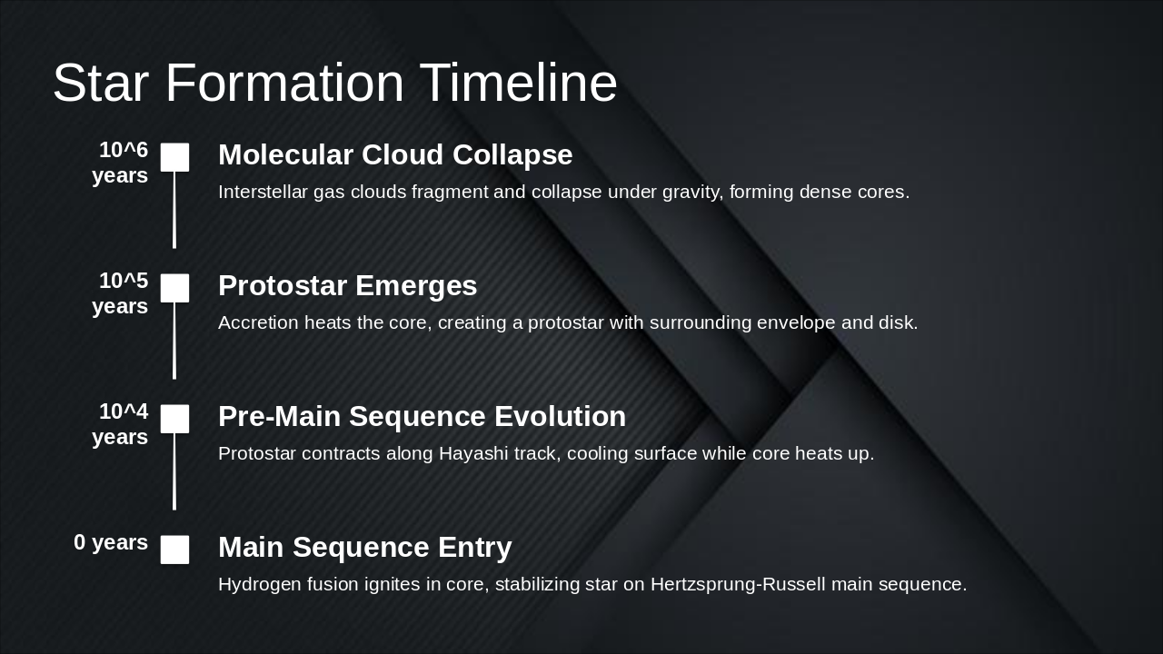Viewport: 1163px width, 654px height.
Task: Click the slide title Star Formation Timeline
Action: point(334,83)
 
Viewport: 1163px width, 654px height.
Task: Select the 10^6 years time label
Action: point(121,163)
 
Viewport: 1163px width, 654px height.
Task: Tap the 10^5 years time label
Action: point(121,293)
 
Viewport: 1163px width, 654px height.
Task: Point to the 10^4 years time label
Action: point(121,424)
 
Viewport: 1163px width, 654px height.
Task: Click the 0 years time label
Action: point(111,542)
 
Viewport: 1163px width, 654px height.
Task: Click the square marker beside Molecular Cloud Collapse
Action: point(175,157)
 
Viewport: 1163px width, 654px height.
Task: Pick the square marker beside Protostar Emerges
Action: point(175,288)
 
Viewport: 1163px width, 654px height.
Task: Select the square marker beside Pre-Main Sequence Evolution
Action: point(175,419)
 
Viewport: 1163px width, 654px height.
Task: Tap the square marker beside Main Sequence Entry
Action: point(175,550)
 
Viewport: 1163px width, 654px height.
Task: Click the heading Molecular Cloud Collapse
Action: point(395,154)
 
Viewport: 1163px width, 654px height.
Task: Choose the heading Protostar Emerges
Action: point(347,285)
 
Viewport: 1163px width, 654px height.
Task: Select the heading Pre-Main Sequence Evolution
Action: point(422,416)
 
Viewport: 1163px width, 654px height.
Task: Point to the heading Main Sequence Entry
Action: point(364,547)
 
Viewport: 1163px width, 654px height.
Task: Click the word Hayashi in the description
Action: point(472,453)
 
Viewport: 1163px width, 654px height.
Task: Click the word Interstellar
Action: point(263,192)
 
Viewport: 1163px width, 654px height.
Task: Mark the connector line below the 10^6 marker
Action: point(174,210)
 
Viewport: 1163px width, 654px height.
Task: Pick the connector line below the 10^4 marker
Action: point(174,471)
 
